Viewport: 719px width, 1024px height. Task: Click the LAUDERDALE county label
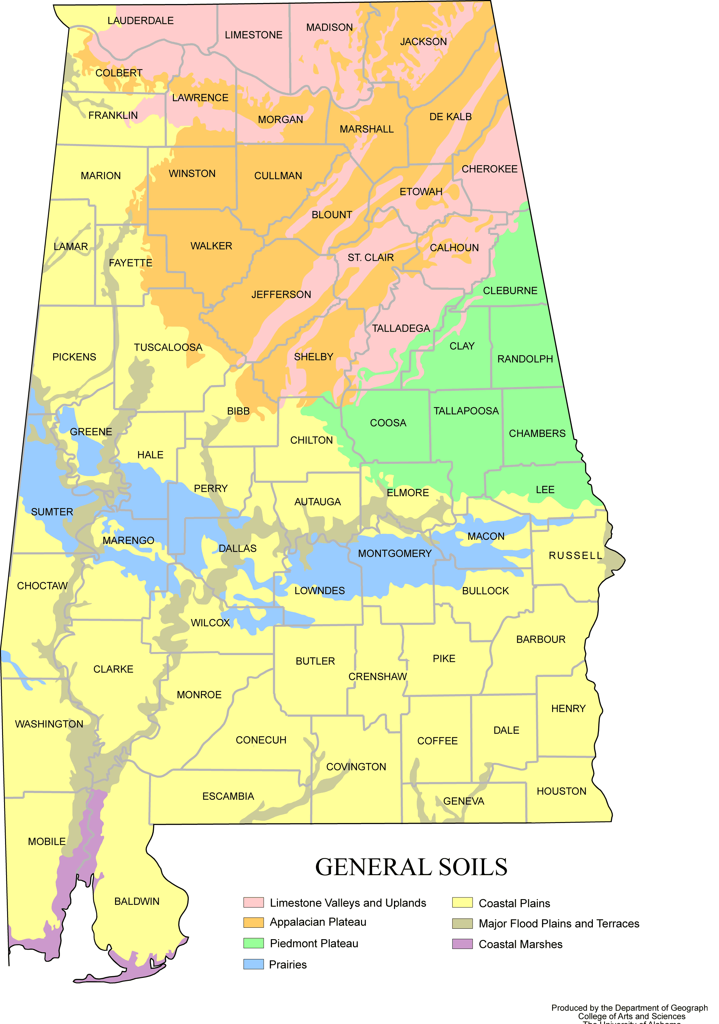coord(140,21)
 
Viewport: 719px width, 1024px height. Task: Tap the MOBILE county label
coord(47,841)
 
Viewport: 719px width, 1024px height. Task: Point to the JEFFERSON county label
coord(281,294)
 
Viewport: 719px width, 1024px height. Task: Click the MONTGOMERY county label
coord(395,553)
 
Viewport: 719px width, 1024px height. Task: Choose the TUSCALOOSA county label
coord(168,347)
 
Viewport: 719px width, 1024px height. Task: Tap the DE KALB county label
coord(450,117)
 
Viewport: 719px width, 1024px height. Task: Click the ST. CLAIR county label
coord(370,257)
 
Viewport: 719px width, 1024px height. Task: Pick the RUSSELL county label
coord(575,555)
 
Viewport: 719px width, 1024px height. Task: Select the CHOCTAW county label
coord(42,586)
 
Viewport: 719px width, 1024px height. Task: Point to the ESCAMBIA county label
coord(228,796)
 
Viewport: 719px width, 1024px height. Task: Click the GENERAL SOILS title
coord(411,867)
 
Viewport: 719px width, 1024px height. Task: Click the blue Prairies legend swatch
coord(253,964)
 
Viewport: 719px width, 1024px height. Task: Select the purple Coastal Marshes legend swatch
coord(462,944)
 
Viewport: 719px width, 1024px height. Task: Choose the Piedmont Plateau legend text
coord(314,943)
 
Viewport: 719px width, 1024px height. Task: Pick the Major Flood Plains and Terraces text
coord(559,923)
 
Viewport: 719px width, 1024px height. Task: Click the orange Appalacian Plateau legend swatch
coord(253,922)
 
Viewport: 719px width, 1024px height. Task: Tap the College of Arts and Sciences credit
coord(631,1016)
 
